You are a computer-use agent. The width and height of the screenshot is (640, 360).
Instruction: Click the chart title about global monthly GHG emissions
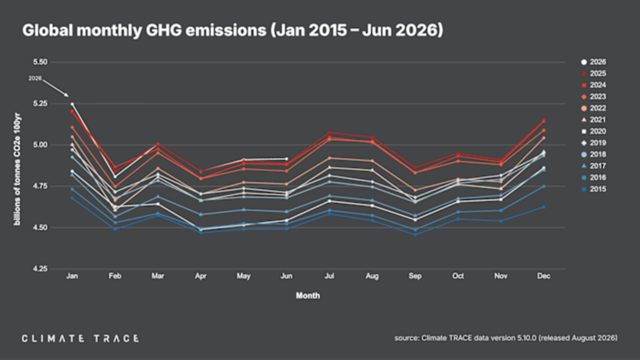point(233,30)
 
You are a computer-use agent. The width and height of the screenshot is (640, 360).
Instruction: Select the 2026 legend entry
point(594,62)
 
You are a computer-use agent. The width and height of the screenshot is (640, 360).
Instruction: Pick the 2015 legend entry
point(594,189)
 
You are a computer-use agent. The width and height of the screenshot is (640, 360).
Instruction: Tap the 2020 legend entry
point(594,131)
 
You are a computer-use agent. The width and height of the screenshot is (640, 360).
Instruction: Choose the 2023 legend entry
point(594,97)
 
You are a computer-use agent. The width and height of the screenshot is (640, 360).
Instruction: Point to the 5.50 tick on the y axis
point(41,62)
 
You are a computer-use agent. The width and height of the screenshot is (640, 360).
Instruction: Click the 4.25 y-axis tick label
point(41,269)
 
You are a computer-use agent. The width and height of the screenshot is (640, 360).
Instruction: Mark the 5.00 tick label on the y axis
point(41,145)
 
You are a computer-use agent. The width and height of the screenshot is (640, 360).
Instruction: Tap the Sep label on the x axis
point(415,276)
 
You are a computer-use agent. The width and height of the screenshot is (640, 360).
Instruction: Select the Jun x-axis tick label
point(286,276)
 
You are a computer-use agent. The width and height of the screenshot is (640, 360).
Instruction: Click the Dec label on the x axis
point(543,276)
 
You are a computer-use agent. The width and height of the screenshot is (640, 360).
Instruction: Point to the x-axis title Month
point(308,295)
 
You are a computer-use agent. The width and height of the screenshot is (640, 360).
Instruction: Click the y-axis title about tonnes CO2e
point(18,169)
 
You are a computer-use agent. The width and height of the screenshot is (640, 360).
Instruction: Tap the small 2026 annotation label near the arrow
point(35,78)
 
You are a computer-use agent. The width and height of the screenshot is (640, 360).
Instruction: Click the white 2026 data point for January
point(73,104)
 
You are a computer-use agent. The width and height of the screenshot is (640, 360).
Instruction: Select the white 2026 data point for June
point(286,159)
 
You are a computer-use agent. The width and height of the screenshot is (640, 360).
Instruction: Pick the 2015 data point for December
point(543,207)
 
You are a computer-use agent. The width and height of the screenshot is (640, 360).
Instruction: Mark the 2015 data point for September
point(415,235)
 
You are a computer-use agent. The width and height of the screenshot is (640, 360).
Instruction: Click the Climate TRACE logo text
point(81,339)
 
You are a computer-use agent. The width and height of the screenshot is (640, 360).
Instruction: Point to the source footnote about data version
point(506,338)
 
